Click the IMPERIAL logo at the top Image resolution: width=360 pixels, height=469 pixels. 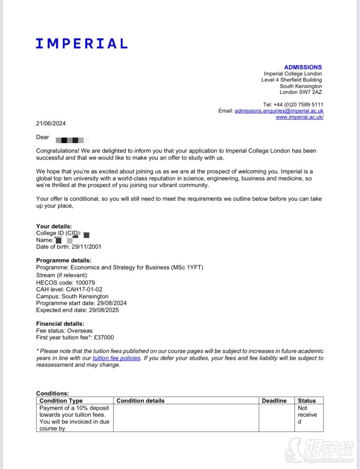[x=81, y=43]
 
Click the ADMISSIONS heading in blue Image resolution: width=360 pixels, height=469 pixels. [x=303, y=67]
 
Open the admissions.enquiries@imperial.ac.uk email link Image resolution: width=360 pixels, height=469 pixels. [x=279, y=111]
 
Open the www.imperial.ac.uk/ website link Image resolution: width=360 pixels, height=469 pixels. [x=299, y=117]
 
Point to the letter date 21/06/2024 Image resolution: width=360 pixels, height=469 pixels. [x=51, y=123]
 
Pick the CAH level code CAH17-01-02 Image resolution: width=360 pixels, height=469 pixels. [x=84, y=289]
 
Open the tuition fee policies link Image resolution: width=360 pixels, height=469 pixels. [x=117, y=358]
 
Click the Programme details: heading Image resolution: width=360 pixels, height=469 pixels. [x=63, y=260]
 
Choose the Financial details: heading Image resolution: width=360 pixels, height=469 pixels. [x=60, y=324]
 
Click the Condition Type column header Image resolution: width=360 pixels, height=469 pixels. [x=61, y=401]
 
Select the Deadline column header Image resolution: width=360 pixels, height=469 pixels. [x=274, y=401]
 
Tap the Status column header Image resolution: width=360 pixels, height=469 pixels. [x=307, y=401]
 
